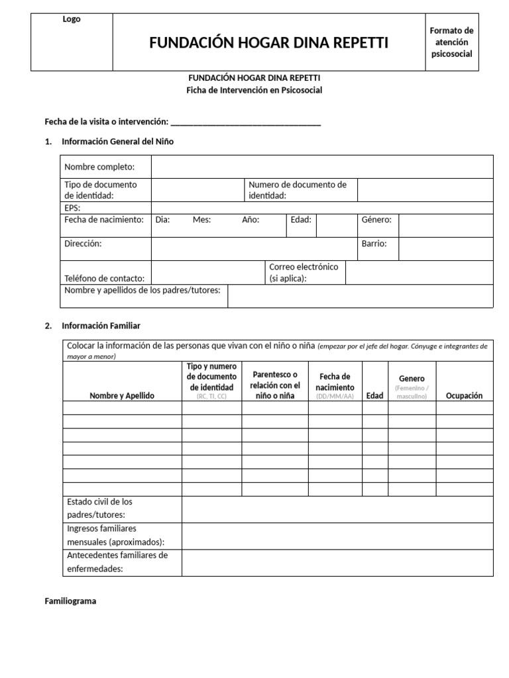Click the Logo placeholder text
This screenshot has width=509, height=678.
coord(72,20)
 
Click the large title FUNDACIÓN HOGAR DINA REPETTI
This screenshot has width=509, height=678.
coord(268,43)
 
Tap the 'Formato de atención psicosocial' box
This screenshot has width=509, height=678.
coord(451,42)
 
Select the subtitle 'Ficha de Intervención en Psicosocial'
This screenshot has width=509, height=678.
coord(254,90)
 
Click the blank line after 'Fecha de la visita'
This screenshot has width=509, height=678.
coord(246,122)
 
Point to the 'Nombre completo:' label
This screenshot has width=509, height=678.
coord(99,167)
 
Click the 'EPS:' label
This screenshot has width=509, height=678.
coord(73,208)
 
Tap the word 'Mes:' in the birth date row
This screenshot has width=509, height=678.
coord(201,220)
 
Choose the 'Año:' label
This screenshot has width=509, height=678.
coord(251,220)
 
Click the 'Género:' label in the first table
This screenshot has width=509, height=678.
coord(376,220)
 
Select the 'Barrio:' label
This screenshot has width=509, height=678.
coord(374,244)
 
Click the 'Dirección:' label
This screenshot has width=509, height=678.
coord(83,244)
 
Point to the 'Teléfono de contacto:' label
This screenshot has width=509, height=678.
coord(104,279)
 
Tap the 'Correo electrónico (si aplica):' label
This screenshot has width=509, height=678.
coord(304,273)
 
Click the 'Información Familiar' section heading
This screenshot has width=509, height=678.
coord(101,326)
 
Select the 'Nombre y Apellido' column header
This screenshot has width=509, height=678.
coord(122,395)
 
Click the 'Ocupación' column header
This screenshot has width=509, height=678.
coord(464,395)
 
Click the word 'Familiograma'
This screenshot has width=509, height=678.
coord(70,601)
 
